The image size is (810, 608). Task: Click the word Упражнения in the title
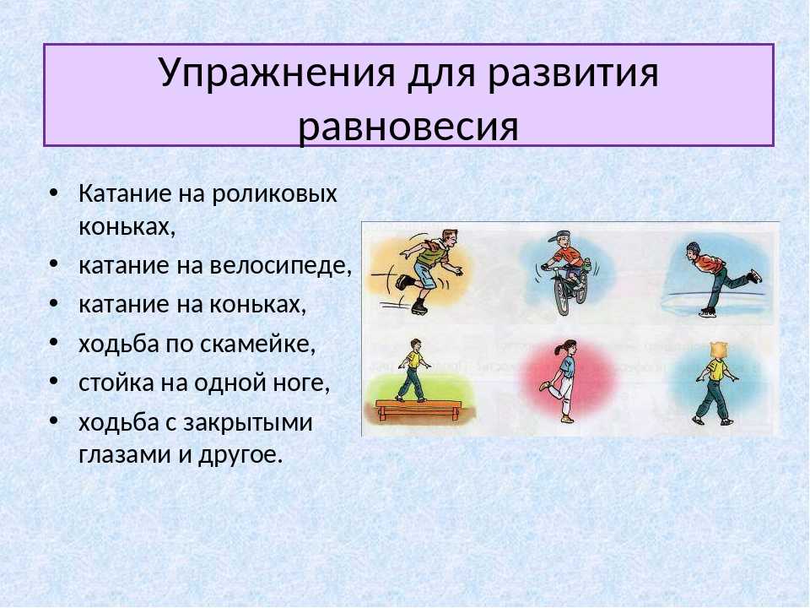pyautogui.click(x=277, y=73)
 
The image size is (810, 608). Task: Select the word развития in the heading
pyautogui.click(x=573, y=73)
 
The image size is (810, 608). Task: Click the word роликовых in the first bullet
pyautogui.click(x=273, y=194)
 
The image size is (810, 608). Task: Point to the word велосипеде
pyautogui.click(x=280, y=266)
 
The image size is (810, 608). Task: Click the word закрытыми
pyautogui.click(x=248, y=423)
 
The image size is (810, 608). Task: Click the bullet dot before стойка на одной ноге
pyautogui.click(x=53, y=382)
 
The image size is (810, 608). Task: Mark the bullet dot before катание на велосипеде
pyautogui.click(x=53, y=264)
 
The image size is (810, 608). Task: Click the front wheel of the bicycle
pyautogui.click(x=562, y=297)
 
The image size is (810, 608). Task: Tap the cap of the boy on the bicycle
pyautogui.click(x=559, y=237)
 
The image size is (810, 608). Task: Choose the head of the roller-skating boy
pyautogui.click(x=448, y=238)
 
